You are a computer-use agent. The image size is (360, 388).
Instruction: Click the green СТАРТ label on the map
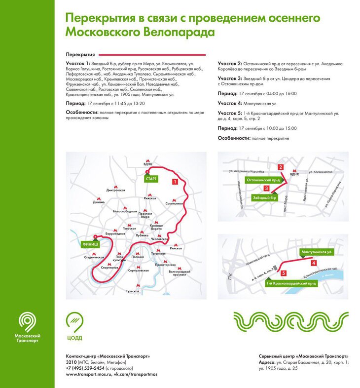[151, 178]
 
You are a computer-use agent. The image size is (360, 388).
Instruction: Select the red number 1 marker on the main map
[174, 182]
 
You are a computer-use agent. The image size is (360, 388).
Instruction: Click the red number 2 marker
[280, 167]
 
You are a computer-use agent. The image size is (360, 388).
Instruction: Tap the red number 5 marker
[284, 272]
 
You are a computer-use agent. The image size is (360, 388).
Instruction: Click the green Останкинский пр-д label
[263, 180]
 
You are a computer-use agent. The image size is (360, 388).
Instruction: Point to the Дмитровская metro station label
[116, 190]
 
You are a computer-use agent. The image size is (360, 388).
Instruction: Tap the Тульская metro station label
[133, 291]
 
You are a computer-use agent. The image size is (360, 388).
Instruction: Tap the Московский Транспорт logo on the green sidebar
[29, 327]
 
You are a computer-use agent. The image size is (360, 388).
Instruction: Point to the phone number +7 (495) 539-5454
[85, 368]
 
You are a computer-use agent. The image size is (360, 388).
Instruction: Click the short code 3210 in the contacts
[72, 362]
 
